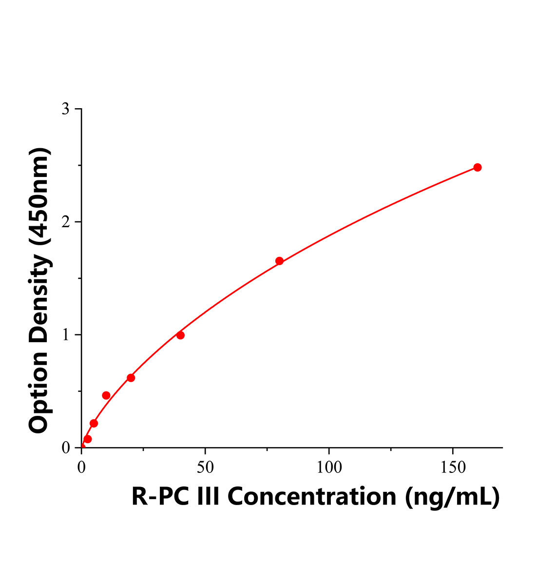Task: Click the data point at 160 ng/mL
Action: [x=478, y=167]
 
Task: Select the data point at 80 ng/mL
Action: [x=279, y=261]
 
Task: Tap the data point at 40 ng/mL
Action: [x=180, y=335]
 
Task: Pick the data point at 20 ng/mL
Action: [x=131, y=378]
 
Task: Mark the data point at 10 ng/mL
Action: [x=106, y=395]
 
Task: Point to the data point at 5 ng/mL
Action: [x=94, y=423]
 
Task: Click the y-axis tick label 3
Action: [x=65, y=109]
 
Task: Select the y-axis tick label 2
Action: [x=65, y=222]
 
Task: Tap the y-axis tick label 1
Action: [x=65, y=335]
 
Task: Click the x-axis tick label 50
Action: [x=205, y=467]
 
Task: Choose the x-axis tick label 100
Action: [x=329, y=467]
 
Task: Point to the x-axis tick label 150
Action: [x=453, y=467]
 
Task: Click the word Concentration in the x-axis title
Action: [x=311, y=496]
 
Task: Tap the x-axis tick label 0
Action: [x=81, y=467]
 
